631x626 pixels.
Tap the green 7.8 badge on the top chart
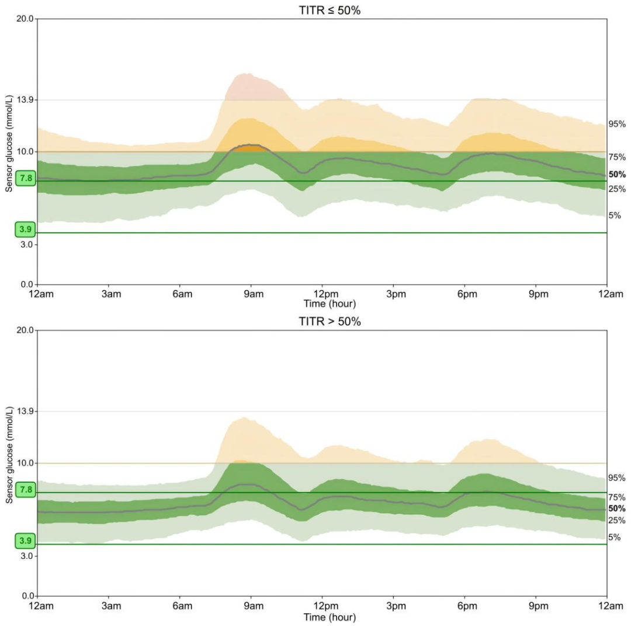pos(26,178)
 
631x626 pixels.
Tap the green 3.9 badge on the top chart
pos(26,230)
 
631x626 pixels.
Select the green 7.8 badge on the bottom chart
pos(26,489)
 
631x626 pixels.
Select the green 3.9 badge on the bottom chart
pos(26,541)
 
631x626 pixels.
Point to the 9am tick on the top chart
pos(253,294)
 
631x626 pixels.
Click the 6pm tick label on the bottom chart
pos(467,606)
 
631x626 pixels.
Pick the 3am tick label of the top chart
pos(111,294)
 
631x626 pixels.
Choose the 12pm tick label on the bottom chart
pos(324,606)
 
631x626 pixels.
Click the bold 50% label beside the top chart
pos(617,174)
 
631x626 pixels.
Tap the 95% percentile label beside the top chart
pos(617,124)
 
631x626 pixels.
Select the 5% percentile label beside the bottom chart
pos(615,537)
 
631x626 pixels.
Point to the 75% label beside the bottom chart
pos(617,497)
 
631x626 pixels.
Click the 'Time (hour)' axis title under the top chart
pos(330,304)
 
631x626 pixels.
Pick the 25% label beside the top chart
pos(617,189)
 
